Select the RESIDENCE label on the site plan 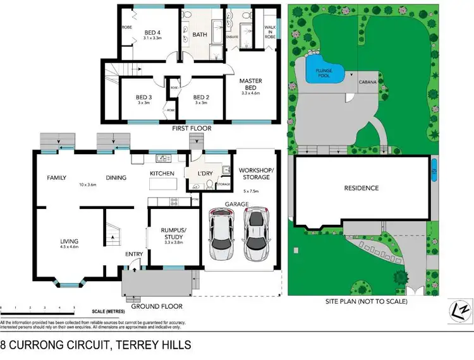pos(361,188)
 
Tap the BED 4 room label pos(153,33)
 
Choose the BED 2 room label pos(201,97)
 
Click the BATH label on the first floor pos(200,35)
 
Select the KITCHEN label pos(162,173)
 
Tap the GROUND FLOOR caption pos(157,306)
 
